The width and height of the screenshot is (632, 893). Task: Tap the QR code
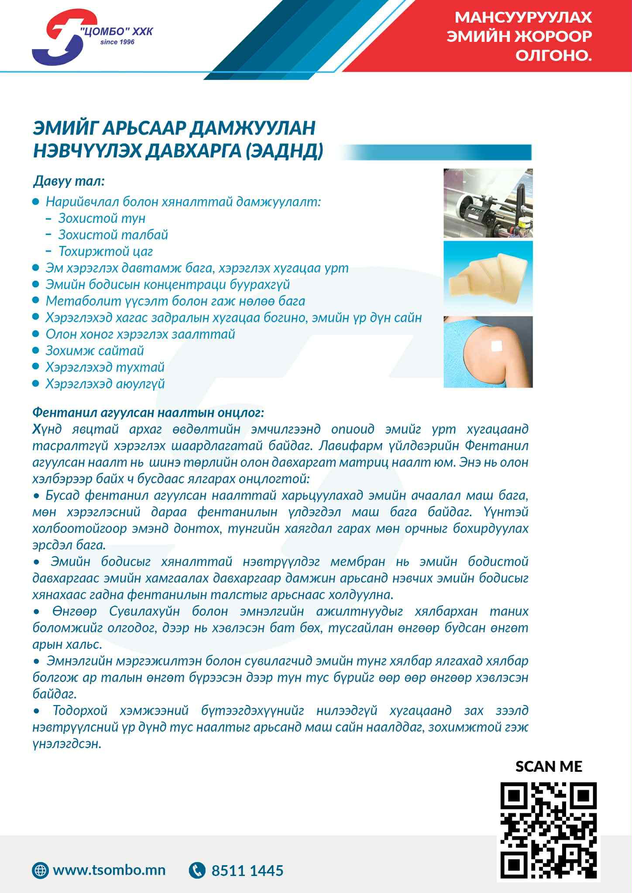(549, 832)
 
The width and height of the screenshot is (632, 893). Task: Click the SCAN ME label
(549, 766)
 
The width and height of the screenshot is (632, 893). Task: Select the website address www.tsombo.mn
(109, 870)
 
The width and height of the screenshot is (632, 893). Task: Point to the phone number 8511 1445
(247, 871)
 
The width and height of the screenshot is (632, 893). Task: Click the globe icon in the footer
(41, 870)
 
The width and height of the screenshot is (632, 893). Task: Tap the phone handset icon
(197, 870)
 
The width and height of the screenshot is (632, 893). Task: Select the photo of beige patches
(488, 277)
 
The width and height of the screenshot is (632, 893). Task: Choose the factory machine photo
(488, 203)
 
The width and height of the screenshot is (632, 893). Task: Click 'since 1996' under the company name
(117, 42)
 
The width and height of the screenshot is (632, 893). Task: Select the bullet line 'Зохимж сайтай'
(95, 351)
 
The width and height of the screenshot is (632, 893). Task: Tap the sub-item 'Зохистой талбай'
(113, 235)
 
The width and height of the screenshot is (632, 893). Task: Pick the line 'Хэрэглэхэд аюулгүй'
(105, 384)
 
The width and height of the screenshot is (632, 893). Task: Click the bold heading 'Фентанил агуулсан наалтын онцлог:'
(148, 412)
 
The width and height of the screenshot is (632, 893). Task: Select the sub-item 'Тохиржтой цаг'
(106, 251)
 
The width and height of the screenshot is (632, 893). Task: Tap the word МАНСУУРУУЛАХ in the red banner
(523, 17)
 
